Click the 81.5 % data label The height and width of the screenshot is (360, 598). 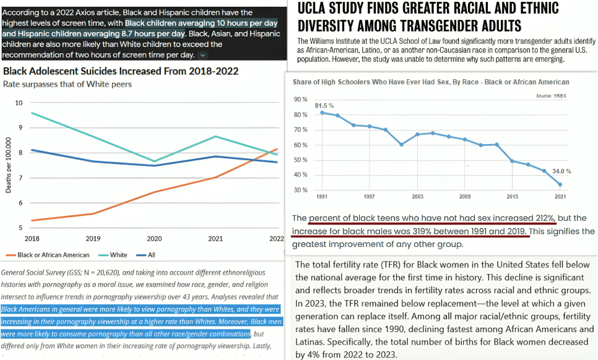(324, 106)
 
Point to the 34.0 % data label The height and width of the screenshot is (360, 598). (561, 171)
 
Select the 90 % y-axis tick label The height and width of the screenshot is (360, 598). (300, 100)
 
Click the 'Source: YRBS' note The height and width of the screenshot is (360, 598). (552, 96)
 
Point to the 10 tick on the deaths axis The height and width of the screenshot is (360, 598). (19, 103)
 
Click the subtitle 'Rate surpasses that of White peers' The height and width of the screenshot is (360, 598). (67, 84)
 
